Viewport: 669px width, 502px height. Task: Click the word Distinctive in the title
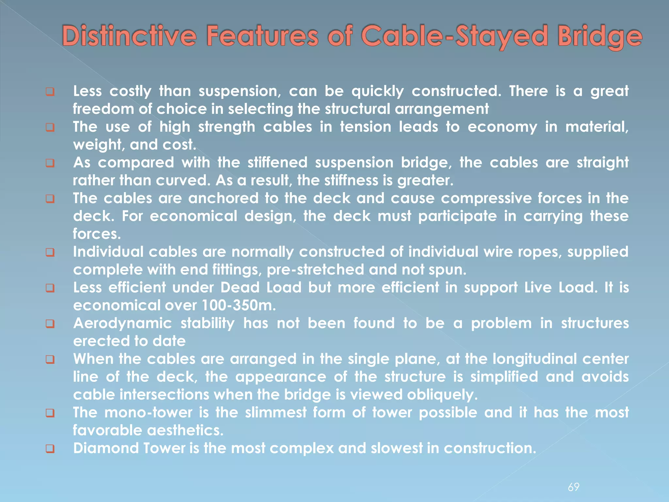[129, 36]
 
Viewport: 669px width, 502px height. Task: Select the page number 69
[574, 487]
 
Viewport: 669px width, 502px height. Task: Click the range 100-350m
[238, 306]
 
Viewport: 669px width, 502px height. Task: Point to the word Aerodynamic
[122, 324]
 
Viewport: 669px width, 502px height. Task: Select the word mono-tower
[148, 412]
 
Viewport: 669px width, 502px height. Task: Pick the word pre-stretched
[315, 270]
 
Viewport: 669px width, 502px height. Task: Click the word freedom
[103, 109]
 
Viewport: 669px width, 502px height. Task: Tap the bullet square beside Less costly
[50, 92]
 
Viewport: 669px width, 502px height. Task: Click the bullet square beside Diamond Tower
[50, 449]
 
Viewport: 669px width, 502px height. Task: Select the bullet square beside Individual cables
[50, 252]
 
